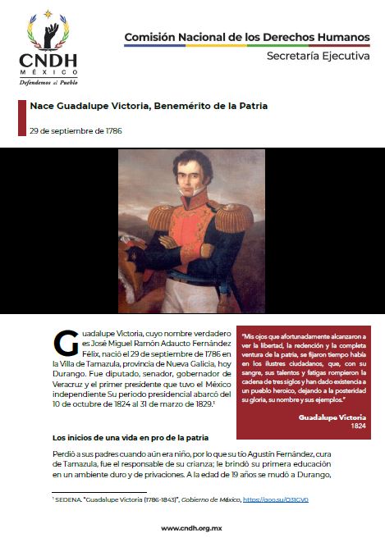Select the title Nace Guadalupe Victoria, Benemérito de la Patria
coord(149,106)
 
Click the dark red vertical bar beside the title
coord(21,118)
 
